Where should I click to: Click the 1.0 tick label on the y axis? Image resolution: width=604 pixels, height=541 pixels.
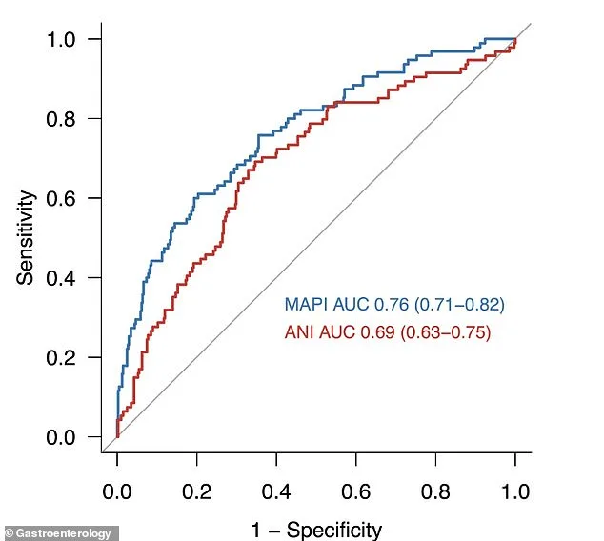click(x=68, y=39)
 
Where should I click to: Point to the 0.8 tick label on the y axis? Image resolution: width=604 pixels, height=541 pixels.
click(x=68, y=119)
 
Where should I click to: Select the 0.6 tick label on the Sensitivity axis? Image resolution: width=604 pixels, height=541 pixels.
click(x=68, y=198)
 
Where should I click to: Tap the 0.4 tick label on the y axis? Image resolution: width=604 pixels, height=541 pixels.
click(x=68, y=278)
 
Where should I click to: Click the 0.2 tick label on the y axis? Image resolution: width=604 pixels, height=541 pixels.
click(x=68, y=358)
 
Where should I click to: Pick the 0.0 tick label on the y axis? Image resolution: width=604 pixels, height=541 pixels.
click(x=68, y=437)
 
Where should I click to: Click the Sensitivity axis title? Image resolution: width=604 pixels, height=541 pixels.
click(x=26, y=237)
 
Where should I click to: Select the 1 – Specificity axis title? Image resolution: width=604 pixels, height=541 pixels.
click(x=316, y=530)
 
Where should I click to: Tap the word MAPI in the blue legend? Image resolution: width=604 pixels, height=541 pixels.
click(x=305, y=305)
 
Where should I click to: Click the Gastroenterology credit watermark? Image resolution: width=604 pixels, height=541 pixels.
click(x=61, y=532)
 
